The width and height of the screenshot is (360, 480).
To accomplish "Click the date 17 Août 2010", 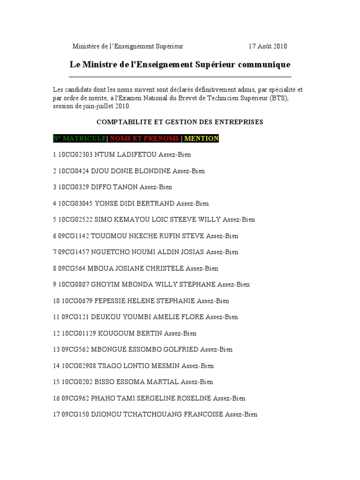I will coord(268,46).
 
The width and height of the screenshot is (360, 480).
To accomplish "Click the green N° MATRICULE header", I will coord(80,138).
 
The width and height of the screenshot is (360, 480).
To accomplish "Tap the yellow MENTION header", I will coord(201,138).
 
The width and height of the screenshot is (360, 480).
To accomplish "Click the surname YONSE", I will coord(105,203).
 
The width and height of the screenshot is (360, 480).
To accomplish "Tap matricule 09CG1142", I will coord(73,236).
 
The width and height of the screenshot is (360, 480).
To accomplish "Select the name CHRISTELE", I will coord(166,268).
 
